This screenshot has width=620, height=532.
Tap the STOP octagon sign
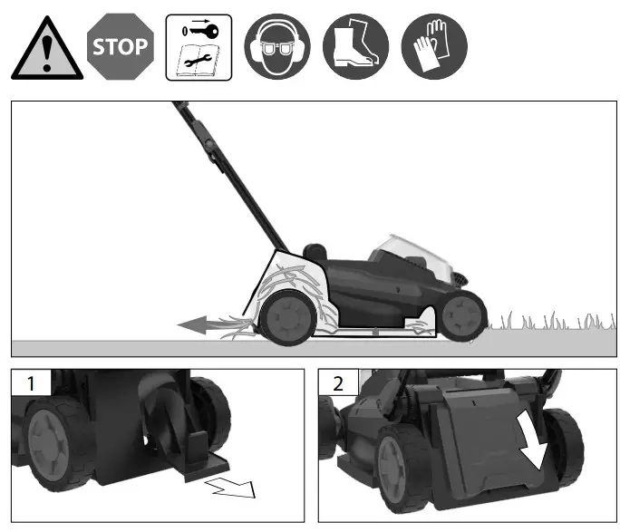point(120,47)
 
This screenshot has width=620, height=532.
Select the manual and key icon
point(199,47)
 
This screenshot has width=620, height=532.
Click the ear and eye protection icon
point(276,47)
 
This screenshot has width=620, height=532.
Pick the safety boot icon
point(355,47)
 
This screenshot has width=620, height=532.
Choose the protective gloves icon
point(434,47)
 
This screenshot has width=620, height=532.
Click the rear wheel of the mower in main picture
point(287,316)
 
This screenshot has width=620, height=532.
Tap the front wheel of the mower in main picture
point(463,314)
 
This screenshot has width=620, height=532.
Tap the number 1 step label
point(31,382)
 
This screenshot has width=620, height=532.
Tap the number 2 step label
point(338,382)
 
